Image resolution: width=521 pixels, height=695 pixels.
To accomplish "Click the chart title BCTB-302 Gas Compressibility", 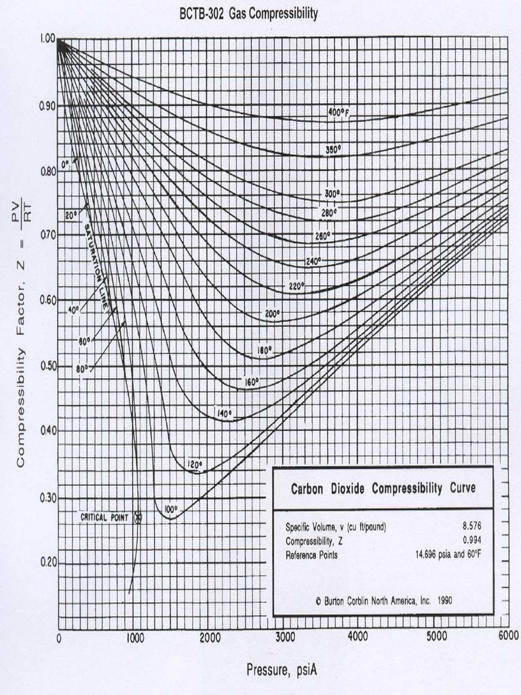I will click(x=248, y=14).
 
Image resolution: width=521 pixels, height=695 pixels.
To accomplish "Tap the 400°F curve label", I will click(x=338, y=113).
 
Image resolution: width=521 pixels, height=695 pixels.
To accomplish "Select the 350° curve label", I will click(x=333, y=150).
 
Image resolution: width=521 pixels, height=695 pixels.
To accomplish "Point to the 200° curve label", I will click(x=273, y=314).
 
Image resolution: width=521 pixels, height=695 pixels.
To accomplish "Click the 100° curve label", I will click(x=170, y=509).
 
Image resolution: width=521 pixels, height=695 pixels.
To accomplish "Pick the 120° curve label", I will click(x=195, y=465).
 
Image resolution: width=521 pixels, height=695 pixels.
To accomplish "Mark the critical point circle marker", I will click(x=138, y=517).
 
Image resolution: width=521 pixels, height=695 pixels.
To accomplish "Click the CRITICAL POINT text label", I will click(x=104, y=517).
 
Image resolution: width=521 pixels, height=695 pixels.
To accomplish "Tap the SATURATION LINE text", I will click(x=96, y=265).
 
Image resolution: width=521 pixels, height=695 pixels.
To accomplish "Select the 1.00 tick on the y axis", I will click(x=46, y=39).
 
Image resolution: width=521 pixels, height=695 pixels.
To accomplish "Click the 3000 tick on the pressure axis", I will click(x=285, y=637).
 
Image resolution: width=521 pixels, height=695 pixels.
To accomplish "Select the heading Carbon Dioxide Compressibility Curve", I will click(x=383, y=489).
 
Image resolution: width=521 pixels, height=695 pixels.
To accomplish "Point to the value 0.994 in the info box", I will click(x=472, y=541).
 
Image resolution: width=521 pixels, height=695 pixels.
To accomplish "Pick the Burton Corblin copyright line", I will click(x=384, y=600).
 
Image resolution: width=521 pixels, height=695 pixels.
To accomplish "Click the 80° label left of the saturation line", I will click(x=82, y=369).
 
